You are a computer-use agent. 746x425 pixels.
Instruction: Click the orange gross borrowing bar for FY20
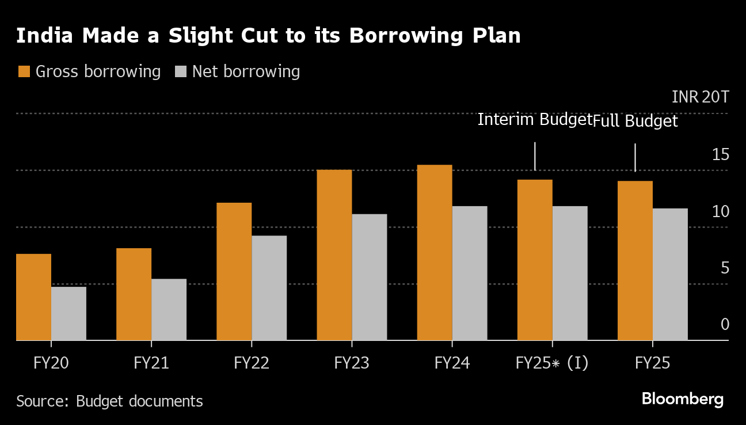(x=33, y=297)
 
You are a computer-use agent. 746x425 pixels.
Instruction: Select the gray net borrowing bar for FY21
(x=169, y=310)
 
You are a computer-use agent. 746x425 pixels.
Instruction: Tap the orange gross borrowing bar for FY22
(x=234, y=271)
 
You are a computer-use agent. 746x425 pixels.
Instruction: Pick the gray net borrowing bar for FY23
(x=369, y=277)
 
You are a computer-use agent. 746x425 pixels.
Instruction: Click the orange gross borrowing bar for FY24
(x=435, y=253)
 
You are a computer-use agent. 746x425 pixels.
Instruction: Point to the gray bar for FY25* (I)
(x=570, y=273)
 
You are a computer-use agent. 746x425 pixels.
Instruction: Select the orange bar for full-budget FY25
(x=635, y=261)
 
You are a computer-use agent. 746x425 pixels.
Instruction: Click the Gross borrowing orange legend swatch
(x=24, y=72)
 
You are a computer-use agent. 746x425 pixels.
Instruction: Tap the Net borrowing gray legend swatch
(x=181, y=72)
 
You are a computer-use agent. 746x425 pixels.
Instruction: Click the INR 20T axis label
(x=700, y=97)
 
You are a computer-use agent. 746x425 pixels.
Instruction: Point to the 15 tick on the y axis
(x=720, y=154)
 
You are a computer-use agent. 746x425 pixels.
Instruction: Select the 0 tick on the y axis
(x=725, y=325)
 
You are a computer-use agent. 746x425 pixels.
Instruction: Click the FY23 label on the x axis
(x=352, y=363)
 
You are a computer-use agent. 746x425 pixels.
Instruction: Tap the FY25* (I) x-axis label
(x=552, y=363)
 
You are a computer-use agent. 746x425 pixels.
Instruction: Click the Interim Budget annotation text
(x=535, y=120)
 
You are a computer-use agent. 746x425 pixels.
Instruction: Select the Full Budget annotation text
(x=635, y=122)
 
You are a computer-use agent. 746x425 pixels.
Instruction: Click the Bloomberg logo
(x=682, y=399)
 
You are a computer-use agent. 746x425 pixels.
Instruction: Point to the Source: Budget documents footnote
(x=109, y=401)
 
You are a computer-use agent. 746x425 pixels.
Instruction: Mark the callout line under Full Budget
(x=635, y=157)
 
